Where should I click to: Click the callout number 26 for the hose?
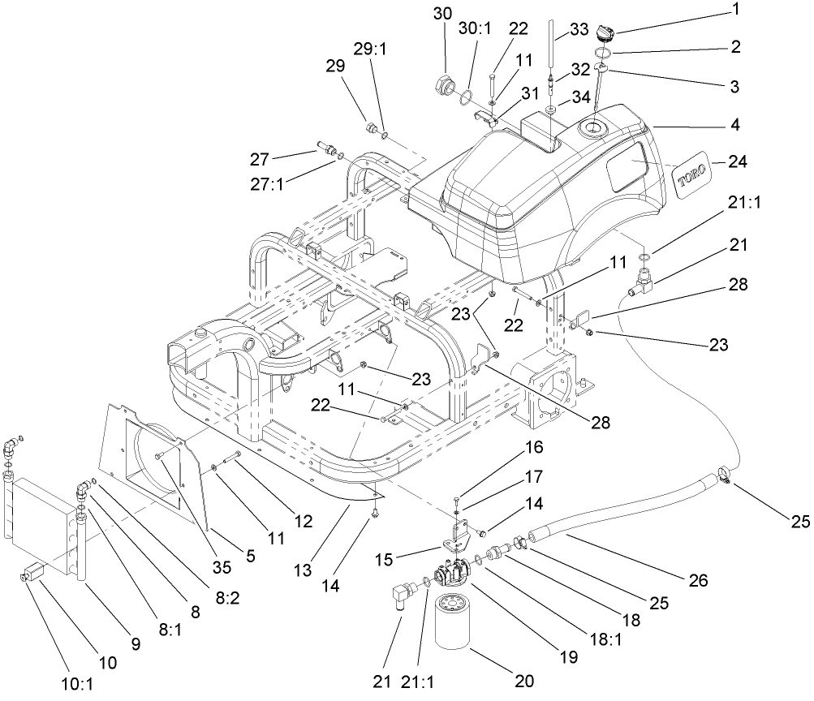pyautogui.click(x=697, y=580)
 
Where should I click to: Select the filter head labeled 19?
pyautogui.click(x=450, y=572)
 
